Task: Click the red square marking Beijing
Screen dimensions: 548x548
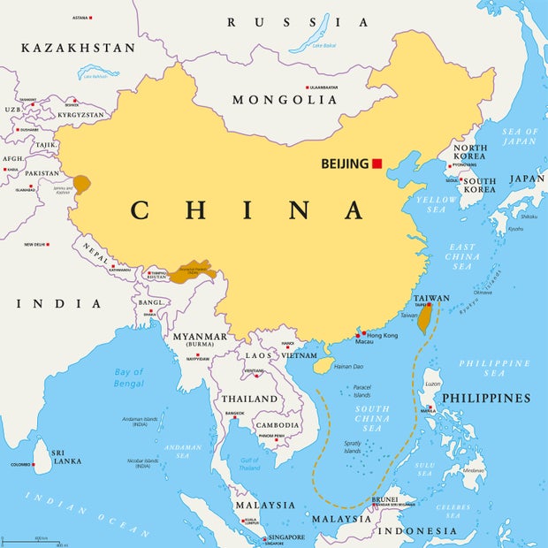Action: (x=377, y=164)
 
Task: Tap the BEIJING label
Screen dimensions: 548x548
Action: (x=345, y=164)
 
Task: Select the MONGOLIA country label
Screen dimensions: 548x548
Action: (x=285, y=100)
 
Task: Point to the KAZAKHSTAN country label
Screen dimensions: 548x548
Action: (x=78, y=48)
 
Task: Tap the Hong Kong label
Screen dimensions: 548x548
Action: (x=383, y=336)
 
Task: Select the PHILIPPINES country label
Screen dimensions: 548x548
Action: (x=486, y=398)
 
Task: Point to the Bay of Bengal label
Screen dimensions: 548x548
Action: (x=128, y=378)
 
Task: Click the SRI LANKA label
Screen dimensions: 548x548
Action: (x=67, y=456)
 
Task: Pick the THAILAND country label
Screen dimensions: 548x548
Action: (x=249, y=399)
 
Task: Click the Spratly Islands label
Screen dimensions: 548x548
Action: (x=353, y=446)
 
